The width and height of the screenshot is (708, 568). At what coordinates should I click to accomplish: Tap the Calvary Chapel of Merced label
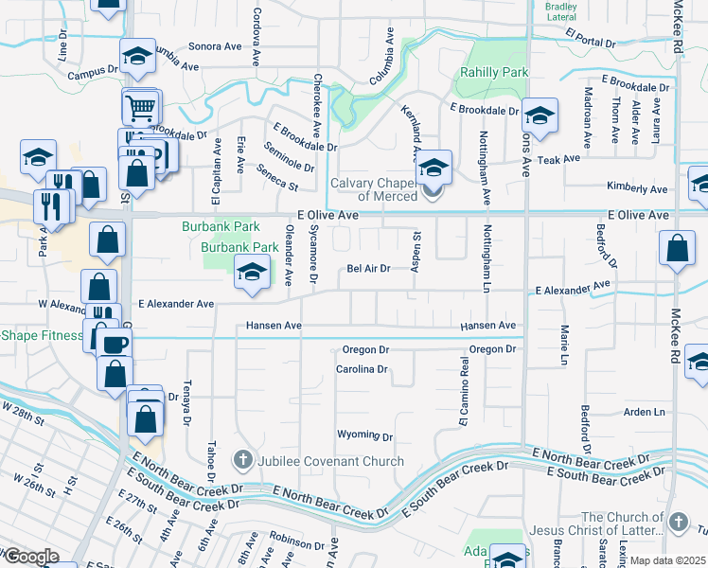[374, 189]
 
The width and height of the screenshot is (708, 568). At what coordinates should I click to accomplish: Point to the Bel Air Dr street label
[368, 268]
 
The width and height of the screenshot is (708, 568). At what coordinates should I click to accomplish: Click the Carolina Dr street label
[363, 369]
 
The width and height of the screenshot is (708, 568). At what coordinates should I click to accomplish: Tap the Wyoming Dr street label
[364, 435]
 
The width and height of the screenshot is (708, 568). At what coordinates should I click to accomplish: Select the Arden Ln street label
[645, 413]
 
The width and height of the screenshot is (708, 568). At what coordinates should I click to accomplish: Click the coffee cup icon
[115, 344]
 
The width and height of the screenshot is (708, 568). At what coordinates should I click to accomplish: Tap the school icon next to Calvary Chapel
[434, 168]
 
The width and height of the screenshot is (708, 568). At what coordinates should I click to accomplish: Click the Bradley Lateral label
[560, 11]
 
